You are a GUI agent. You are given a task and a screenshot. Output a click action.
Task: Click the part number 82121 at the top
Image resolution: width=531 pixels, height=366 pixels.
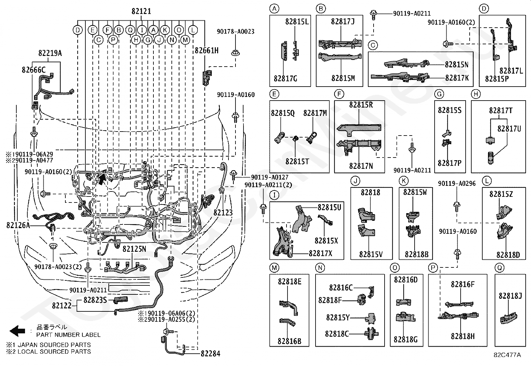click(141, 11)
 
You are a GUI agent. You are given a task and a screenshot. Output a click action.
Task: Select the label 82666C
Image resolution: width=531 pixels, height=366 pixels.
click(34, 70)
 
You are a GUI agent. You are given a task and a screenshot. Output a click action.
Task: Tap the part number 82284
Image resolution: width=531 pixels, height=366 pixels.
click(210, 354)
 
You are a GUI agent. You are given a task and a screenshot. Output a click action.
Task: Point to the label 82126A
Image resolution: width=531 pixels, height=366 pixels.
click(18, 225)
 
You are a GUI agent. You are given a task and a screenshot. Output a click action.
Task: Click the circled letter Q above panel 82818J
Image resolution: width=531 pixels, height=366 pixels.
click(499, 268)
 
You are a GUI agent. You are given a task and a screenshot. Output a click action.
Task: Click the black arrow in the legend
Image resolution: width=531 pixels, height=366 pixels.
click(17, 331)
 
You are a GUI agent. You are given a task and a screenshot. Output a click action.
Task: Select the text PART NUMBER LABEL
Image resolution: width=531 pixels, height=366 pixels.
click(68, 335)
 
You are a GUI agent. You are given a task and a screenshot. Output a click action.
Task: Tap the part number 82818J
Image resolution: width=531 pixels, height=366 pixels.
click(510, 296)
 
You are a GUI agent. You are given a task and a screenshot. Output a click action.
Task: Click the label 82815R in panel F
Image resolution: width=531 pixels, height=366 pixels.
click(361, 105)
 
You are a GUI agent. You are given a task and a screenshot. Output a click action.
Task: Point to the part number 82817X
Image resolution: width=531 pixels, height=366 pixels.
click(321, 253)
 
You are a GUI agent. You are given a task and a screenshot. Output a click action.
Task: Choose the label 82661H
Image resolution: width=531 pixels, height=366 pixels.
click(207, 50)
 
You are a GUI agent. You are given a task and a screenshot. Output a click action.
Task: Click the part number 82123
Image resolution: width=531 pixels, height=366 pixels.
click(223, 212)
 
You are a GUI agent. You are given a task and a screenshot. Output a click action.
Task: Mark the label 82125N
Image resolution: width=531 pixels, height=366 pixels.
click(134, 249)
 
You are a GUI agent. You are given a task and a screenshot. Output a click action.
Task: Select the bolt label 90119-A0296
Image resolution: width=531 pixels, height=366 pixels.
click(457, 183)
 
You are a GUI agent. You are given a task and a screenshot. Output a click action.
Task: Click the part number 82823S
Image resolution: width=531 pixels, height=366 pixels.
click(95, 300)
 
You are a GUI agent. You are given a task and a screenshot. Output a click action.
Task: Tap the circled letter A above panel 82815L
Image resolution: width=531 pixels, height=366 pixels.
click(274, 9)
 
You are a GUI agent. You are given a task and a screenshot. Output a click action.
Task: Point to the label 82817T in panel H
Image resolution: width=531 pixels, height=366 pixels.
click(501, 111)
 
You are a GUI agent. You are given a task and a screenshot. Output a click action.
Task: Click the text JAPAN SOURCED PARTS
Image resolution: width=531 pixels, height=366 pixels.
click(54, 345)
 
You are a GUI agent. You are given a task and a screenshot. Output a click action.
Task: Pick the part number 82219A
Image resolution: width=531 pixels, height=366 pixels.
click(50, 53)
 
